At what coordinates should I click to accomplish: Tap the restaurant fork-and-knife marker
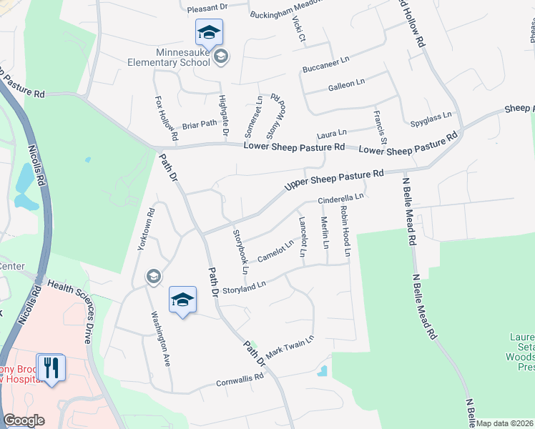51,368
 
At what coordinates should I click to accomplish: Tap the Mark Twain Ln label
290,347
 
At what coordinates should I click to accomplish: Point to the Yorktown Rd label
145,229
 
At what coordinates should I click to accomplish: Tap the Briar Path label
199,123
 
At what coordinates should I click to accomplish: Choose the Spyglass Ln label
431,116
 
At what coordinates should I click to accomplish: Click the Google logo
24,420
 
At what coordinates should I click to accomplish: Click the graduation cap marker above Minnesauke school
209,31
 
